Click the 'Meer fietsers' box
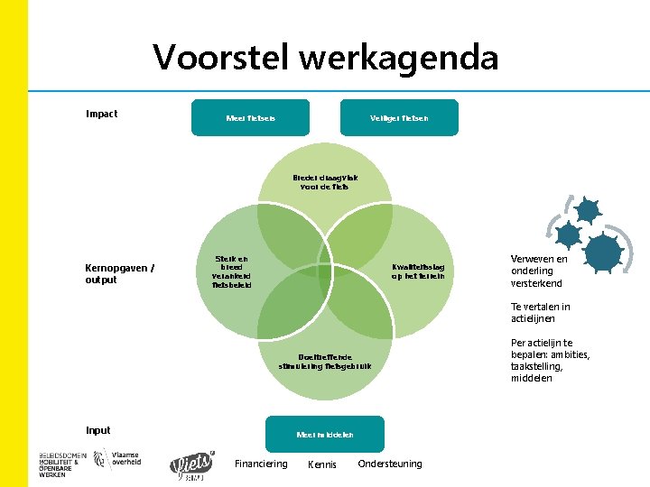(x=250, y=118)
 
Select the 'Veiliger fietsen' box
(x=399, y=118)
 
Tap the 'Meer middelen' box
(x=325, y=435)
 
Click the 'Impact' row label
(x=101, y=114)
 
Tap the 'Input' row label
(x=98, y=429)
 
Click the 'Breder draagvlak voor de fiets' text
(x=325, y=183)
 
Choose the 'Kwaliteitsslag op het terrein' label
(x=418, y=271)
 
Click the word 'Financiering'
(x=261, y=464)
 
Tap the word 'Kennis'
(x=322, y=464)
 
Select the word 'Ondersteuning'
(x=390, y=464)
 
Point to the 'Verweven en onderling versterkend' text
(x=540, y=271)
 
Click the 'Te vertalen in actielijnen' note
(x=541, y=313)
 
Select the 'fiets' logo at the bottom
(x=193, y=464)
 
